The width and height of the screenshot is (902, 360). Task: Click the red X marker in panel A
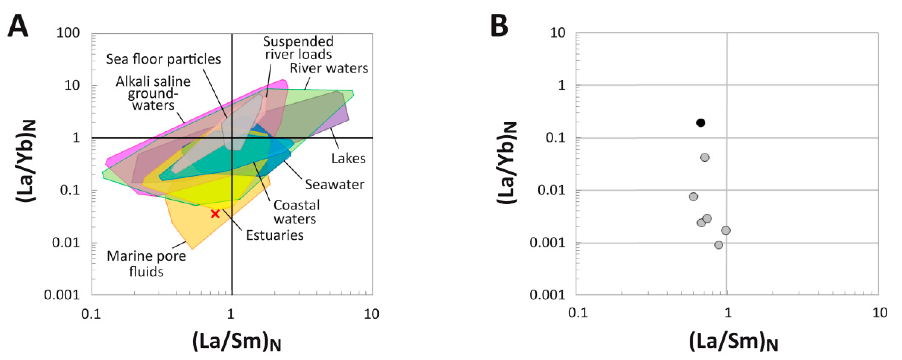(215, 214)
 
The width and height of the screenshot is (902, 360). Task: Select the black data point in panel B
(700, 123)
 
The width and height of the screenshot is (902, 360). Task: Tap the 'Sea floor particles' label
(164, 59)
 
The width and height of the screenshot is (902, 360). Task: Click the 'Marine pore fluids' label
(146, 264)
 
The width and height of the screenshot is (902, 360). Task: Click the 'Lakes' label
(348, 159)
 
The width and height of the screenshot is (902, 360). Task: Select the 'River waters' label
(329, 68)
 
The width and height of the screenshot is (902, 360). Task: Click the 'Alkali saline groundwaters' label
(153, 93)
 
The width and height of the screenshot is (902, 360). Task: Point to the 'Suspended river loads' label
(298, 48)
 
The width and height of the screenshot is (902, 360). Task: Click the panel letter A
(17, 26)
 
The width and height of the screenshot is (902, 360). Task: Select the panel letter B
(499, 26)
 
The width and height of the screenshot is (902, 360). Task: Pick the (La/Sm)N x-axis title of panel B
(733, 341)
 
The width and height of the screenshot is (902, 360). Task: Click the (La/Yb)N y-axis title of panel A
(26, 161)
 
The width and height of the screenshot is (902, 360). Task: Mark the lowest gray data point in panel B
(719, 245)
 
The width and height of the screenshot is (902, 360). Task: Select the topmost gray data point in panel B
(705, 157)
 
